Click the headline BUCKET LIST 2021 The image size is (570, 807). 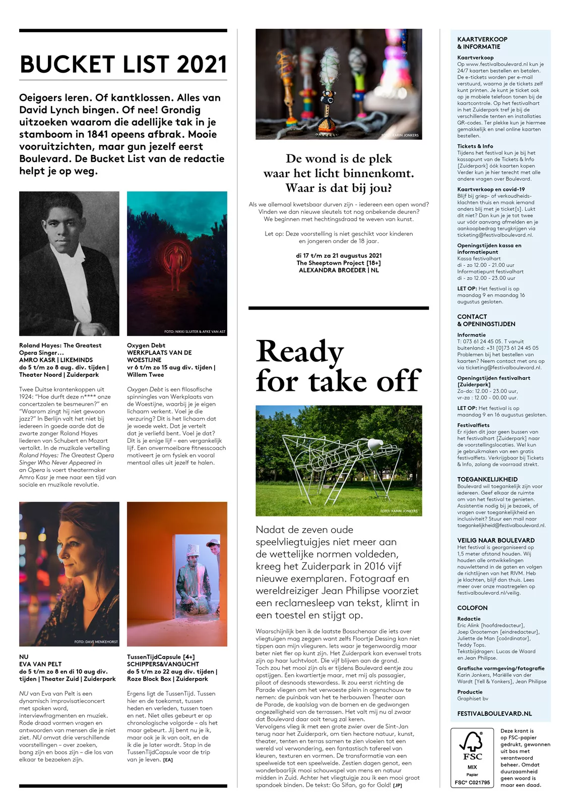coord(123,65)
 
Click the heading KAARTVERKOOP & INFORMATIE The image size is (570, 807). coord(482,43)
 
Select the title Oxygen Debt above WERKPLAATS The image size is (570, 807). coord(146,345)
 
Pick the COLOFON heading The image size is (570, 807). coord(472,608)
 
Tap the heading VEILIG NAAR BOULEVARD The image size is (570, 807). coord(495,540)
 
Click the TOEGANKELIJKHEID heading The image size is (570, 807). coord(487,479)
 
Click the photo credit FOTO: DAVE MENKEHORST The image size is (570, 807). coord(96,642)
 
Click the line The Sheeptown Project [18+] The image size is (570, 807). coord(338,263)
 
